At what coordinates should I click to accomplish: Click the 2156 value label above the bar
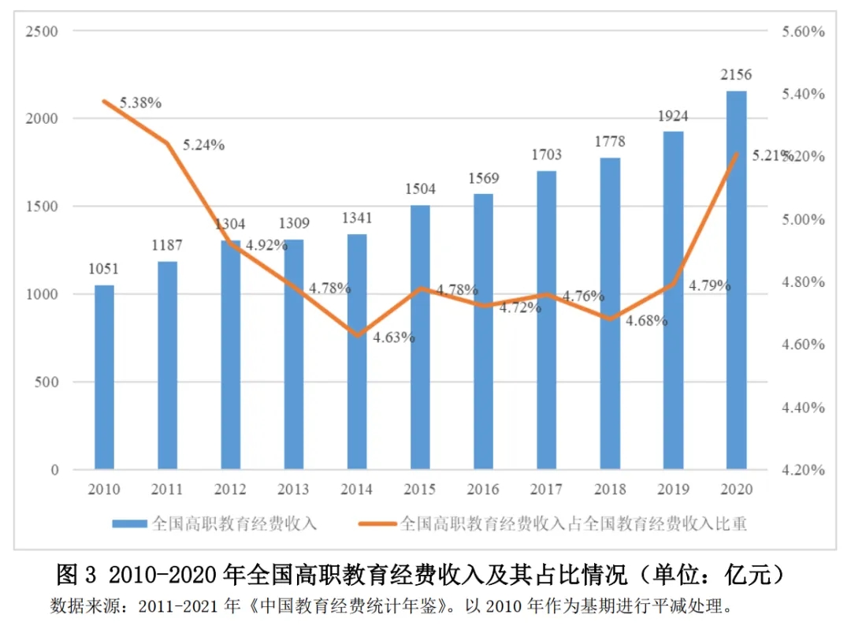click(736, 75)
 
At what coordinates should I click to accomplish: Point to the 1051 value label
click(104, 269)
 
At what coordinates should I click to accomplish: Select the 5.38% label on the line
click(141, 102)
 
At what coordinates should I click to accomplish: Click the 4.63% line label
click(393, 337)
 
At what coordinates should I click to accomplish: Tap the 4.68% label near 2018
click(647, 321)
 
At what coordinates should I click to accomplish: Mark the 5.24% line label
click(204, 145)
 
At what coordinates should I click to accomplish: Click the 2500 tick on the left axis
click(43, 31)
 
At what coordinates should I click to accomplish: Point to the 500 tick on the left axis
click(46, 382)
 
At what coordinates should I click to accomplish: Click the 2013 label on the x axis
click(293, 490)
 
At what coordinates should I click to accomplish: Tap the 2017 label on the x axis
click(546, 490)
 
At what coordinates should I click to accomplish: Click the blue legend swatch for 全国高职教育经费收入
click(129, 523)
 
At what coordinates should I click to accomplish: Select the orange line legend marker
click(377, 523)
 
